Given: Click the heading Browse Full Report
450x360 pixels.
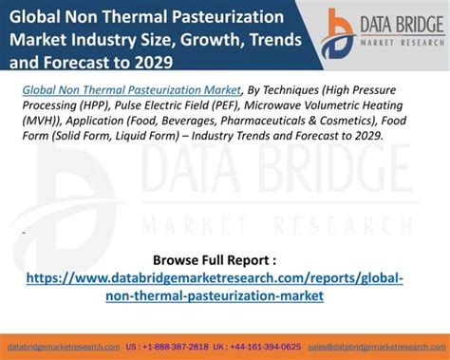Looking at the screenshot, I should point(214,259).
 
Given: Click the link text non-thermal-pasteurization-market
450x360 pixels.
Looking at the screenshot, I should point(216,295).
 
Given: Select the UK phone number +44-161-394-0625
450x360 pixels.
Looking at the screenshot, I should point(265,348).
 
